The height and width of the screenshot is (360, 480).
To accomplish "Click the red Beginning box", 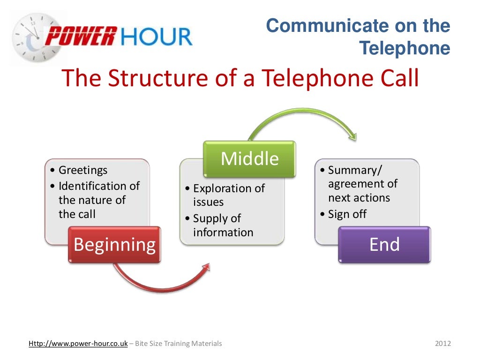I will [114, 245].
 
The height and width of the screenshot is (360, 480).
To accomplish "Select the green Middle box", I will [249, 159].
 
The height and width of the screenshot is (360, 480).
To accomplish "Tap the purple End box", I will [384, 245].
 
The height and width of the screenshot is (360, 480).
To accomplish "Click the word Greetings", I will [82, 170].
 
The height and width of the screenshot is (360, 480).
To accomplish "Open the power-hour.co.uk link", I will [78, 344].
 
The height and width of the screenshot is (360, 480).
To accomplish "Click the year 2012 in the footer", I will [442, 344].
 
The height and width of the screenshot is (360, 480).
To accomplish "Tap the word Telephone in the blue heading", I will [404, 49].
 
